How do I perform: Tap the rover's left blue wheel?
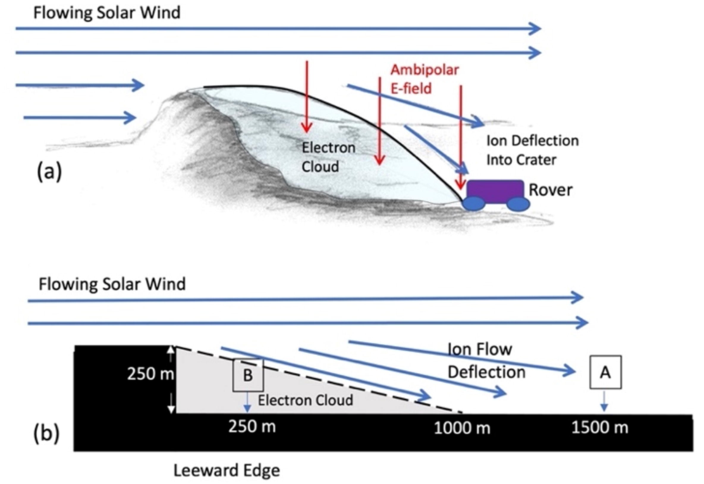(x=474, y=204)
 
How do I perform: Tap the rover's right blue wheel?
(x=518, y=204)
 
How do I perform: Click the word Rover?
(x=550, y=190)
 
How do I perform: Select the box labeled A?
(x=605, y=372)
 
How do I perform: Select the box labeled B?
(x=248, y=375)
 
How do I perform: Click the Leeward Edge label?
(x=227, y=470)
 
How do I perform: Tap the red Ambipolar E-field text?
(x=424, y=79)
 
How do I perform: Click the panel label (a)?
(x=49, y=171)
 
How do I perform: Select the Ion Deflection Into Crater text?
(x=532, y=150)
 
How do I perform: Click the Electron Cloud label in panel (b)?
(x=305, y=400)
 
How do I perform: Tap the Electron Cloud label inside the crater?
(x=329, y=157)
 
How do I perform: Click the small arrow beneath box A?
(x=604, y=401)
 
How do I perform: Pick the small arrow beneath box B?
(x=247, y=402)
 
